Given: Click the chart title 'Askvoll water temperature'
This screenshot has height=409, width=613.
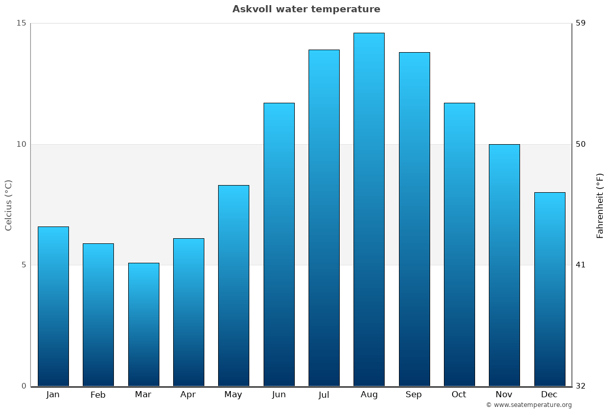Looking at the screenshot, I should [306, 9].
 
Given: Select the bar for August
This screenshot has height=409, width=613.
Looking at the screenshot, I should [369, 210].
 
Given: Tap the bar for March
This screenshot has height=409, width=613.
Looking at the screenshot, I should [144, 324].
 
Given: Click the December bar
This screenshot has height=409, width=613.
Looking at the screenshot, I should [549, 289].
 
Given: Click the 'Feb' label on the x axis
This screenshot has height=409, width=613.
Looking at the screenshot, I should [98, 395].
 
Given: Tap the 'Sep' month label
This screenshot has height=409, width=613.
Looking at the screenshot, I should [414, 395].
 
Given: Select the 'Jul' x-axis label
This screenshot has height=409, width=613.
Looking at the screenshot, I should [324, 395].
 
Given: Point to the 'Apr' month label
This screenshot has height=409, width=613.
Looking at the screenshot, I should [188, 395].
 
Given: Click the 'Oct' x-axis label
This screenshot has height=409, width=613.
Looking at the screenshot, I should [459, 395].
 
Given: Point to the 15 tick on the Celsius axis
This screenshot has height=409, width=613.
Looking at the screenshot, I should [21, 23].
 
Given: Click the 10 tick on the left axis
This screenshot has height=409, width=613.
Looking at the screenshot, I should [21, 144].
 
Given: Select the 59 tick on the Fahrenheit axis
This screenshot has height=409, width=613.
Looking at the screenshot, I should [581, 23].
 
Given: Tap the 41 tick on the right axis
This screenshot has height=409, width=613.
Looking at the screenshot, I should [581, 265].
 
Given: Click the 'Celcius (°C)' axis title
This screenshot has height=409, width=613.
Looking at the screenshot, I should [9, 205].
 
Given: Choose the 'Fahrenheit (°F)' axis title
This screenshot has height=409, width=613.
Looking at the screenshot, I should [600, 205].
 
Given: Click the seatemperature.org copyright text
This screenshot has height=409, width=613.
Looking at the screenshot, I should [529, 405].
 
